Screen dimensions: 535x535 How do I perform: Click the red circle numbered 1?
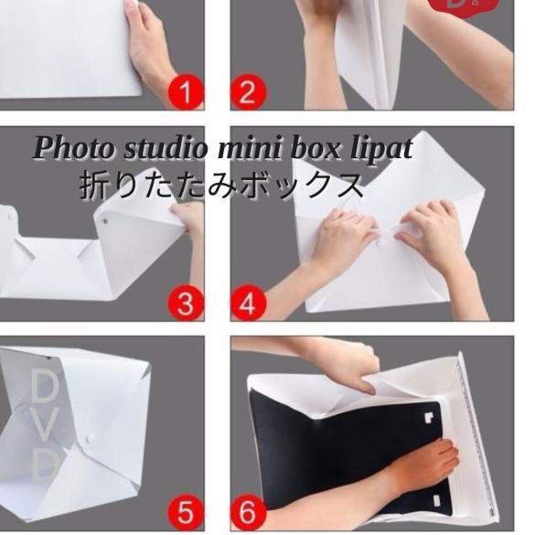click(187, 93)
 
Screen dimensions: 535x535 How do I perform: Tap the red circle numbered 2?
click(247, 93)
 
